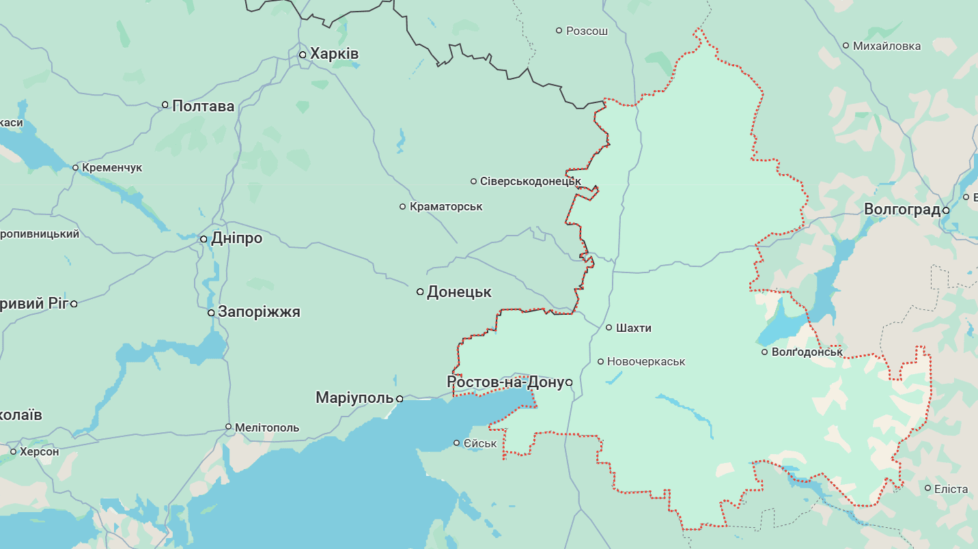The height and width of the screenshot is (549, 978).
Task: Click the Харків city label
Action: (334, 54)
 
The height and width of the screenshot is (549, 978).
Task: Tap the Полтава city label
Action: (203, 106)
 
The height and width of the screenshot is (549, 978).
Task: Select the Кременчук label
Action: (111, 167)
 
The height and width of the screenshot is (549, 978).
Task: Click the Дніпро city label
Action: (236, 238)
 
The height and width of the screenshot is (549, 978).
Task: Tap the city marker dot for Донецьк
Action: (421, 292)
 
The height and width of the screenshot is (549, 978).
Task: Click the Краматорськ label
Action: (446, 206)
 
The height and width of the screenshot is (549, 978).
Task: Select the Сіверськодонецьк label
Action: (530, 181)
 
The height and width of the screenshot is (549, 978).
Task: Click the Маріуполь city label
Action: (354, 397)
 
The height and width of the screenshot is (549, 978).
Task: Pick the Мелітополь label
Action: (266, 427)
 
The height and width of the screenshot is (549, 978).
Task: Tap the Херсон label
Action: (39, 451)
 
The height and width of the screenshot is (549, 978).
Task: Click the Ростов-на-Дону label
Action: (505, 382)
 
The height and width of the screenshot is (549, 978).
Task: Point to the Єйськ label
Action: (480, 443)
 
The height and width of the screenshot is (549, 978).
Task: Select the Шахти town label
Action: (633, 328)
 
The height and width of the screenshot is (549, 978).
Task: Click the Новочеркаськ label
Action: (645, 361)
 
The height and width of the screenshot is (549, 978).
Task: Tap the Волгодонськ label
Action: (807, 352)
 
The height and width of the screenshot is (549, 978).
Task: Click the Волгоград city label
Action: (902, 210)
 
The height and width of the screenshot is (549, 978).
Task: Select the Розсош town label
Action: (587, 31)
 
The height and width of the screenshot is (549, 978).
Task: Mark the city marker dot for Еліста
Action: (927, 488)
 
